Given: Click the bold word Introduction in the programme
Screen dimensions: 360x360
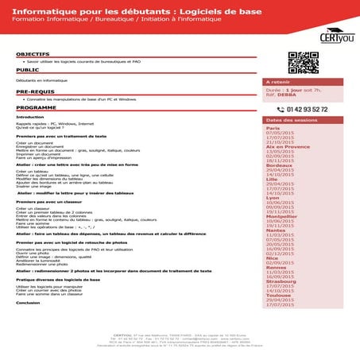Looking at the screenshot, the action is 29,117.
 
